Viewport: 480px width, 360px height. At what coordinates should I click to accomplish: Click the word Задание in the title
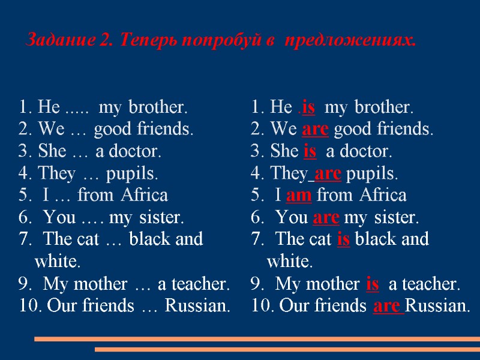tap(59, 41)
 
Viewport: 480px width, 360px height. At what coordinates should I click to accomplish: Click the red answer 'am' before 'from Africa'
tap(298, 196)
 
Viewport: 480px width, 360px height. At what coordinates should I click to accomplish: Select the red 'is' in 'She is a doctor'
tap(310, 152)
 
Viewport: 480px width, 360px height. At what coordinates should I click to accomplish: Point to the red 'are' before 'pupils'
tap(328, 174)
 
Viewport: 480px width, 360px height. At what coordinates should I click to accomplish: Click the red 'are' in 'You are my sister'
tap(326, 217)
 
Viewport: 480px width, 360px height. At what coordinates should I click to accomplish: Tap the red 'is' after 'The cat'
tap(343, 239)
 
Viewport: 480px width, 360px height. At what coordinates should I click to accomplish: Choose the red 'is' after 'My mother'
tap(371, 284)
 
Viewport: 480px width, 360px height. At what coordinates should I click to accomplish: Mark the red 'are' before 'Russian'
tap(387, 306)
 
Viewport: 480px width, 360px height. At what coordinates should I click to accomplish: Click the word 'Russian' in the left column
tap(197, 306)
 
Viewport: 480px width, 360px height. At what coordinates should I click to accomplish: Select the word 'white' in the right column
tap(289, 262)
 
